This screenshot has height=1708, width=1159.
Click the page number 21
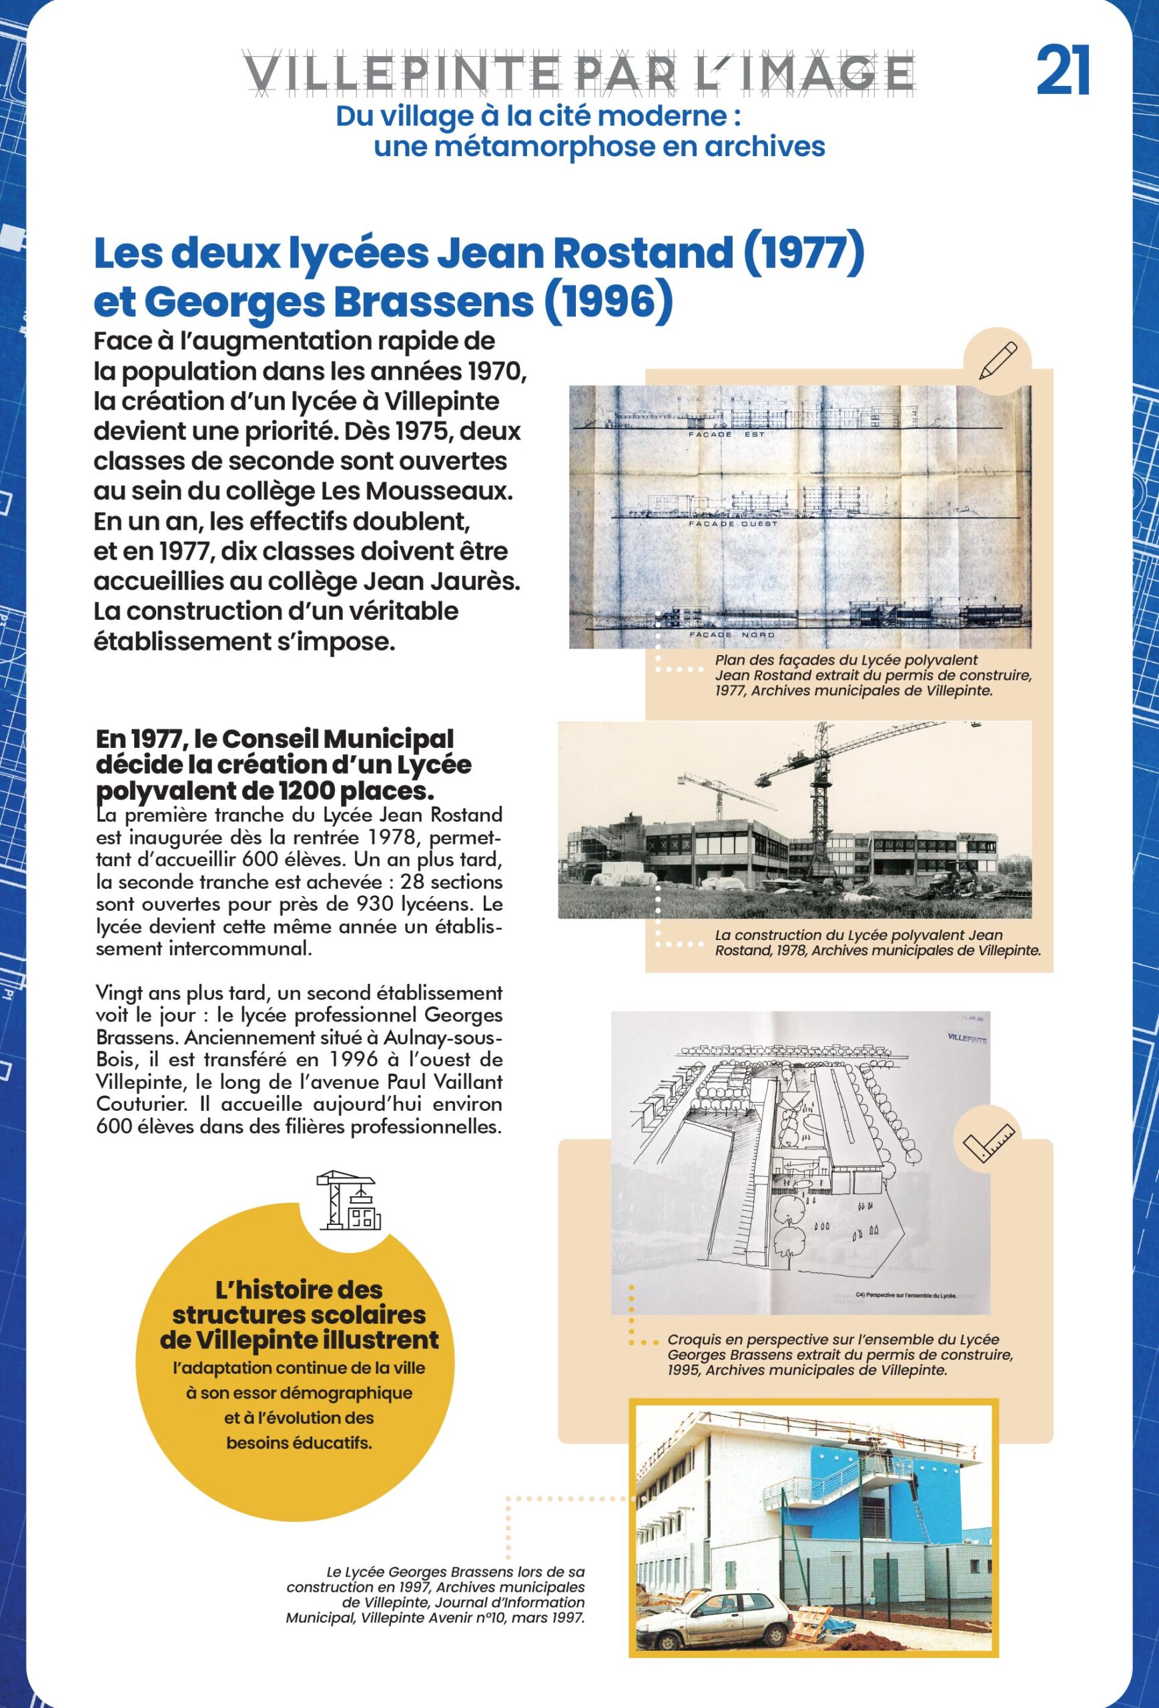point(1063,71)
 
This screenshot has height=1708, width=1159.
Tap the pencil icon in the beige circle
point(998,360)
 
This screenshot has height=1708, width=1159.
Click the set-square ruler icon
point(987,1142)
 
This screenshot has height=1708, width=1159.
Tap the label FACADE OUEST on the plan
point(733,524)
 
